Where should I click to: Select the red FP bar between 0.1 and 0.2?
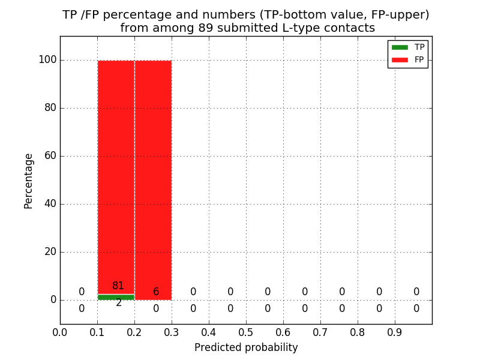116,174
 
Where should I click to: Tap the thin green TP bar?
116,297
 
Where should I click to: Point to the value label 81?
118,286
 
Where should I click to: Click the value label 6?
156,292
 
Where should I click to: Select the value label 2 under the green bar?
119,303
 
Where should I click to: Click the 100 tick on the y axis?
47,60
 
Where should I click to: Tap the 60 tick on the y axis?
50,156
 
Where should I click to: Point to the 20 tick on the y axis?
50,252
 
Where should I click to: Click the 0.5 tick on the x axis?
246,332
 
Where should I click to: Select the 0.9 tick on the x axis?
395,332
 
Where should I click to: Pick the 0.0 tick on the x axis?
60,332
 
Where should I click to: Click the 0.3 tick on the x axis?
172,332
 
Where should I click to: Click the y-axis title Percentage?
29,181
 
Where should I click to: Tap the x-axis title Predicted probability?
246,347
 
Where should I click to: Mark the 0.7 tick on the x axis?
320,332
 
